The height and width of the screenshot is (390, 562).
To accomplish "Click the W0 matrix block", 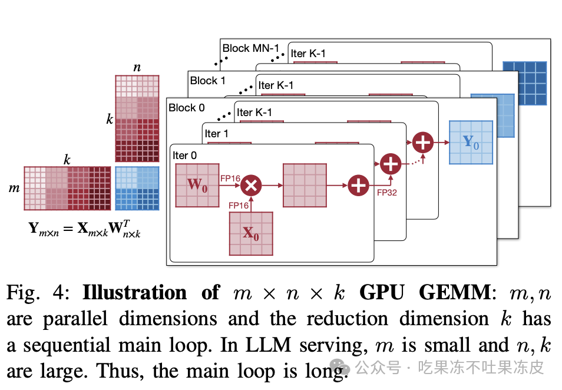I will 197,185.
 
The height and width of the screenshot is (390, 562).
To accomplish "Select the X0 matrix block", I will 251,233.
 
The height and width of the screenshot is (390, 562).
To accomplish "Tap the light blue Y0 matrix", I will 471,143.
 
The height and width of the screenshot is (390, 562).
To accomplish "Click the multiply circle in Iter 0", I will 251,185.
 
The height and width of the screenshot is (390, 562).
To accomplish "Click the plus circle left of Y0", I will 422,143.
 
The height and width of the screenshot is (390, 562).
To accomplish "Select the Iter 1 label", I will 217,134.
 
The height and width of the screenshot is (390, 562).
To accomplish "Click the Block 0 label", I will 186,108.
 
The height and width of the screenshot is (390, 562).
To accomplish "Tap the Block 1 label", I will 207,80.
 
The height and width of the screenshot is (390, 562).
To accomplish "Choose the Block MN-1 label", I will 250,48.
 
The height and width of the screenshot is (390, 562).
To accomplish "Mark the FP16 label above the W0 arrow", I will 230,178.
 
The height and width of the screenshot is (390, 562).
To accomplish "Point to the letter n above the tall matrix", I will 137,67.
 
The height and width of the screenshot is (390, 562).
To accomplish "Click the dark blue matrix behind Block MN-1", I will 524,83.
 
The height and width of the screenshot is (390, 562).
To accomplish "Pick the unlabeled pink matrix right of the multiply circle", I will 305,185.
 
